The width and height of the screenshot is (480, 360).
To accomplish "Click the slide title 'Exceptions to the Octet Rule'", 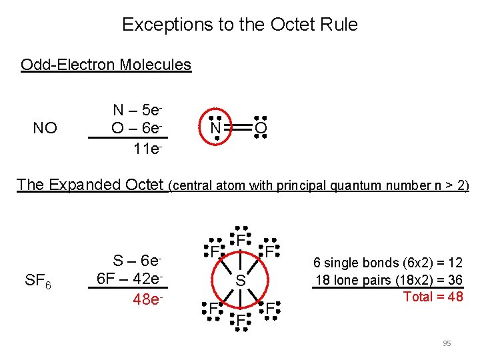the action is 240,25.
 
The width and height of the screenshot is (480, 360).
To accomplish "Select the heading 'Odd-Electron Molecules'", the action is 106,65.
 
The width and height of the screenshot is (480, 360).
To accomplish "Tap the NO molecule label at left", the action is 45,128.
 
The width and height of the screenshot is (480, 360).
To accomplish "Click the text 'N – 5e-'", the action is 137,110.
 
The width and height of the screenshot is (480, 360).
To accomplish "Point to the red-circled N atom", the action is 215,126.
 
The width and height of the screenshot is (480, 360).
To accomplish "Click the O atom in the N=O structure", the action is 261,127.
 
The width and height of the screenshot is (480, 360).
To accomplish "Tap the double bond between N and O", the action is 238,127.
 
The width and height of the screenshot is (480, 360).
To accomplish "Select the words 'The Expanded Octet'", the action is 90,185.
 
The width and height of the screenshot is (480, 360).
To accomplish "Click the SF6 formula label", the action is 39,280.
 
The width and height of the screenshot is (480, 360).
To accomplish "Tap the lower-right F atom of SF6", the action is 270,309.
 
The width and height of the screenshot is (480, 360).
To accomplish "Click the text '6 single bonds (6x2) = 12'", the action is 388,263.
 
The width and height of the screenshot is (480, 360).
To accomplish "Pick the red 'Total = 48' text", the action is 433,297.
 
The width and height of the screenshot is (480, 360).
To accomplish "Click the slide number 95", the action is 447,343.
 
